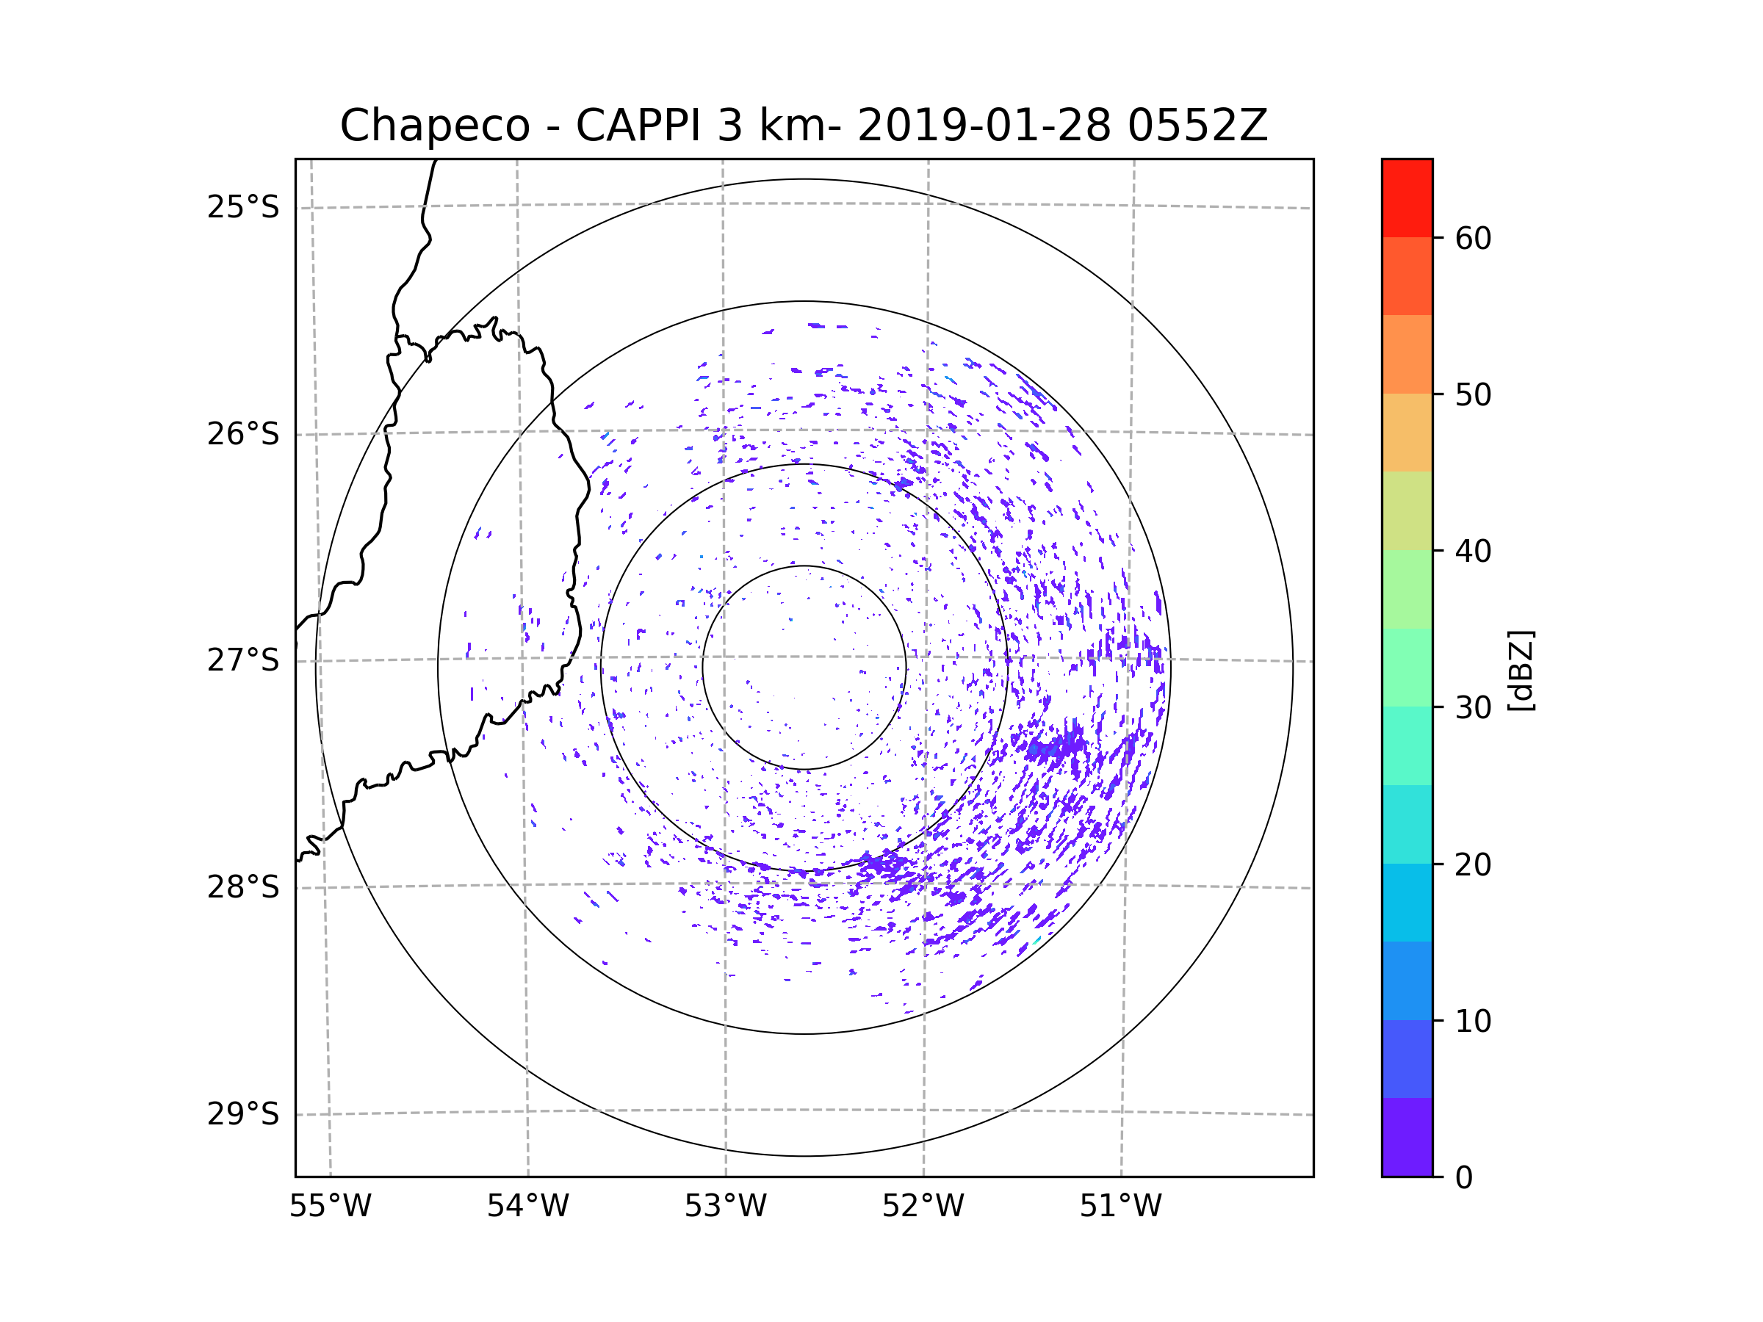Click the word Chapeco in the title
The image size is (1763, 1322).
click(434, 126)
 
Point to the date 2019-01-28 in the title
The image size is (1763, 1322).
click(983, 126)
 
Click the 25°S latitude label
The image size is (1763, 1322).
click(243, 207)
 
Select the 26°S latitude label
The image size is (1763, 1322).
click(243, 434)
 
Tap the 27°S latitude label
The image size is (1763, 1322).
click(243, 660)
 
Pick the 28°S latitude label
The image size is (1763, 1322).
click(243, 887)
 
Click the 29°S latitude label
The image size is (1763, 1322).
click(243, 1114)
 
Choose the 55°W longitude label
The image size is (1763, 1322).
click(330, 1207)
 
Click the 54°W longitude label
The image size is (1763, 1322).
click(527, 1207)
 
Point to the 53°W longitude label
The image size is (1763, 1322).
click(725, 1207)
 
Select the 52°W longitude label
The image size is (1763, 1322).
click(923, 1207)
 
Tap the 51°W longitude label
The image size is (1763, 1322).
click(1120, 1207)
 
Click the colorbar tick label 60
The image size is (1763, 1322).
click(1473, 238)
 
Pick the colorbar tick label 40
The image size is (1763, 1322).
click(1473, 552)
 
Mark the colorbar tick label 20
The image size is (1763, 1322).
click(1473, 864)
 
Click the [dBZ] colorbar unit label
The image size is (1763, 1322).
click(1521, 670)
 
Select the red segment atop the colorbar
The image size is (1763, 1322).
click(1407, 198)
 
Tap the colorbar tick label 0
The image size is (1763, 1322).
click(1464, 1178)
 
